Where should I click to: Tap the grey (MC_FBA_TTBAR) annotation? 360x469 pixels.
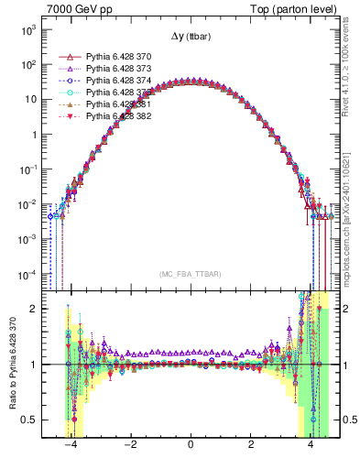190,272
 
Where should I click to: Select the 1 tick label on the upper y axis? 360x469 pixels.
33,134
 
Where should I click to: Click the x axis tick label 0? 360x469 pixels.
190,445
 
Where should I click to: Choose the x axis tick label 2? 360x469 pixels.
251,445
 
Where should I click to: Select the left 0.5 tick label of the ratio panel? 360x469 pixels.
29,420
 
